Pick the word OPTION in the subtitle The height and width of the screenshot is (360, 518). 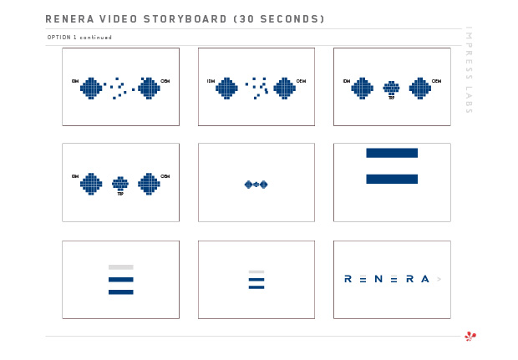(x=59, y=38)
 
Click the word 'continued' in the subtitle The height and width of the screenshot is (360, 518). (x=96, y=38)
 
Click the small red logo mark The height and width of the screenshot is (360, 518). (x=470, y=337)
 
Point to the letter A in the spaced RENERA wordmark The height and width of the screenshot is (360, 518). (x=425, y=279)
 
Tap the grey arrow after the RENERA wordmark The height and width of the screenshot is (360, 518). (x=439, y=279)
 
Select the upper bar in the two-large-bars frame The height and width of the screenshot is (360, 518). (x=392, y=153)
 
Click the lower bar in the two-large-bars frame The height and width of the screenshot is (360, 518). (x=392, y=179)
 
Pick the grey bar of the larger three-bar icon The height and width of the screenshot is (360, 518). (x=121, y=267)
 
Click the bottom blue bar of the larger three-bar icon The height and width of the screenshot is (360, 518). (x=121, y=292)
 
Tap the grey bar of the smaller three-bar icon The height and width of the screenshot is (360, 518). (x=256, y=271)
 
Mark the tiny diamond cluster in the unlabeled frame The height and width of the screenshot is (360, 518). (x=256, y=184)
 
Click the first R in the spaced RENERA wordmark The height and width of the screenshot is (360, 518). (x=348, y=279)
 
